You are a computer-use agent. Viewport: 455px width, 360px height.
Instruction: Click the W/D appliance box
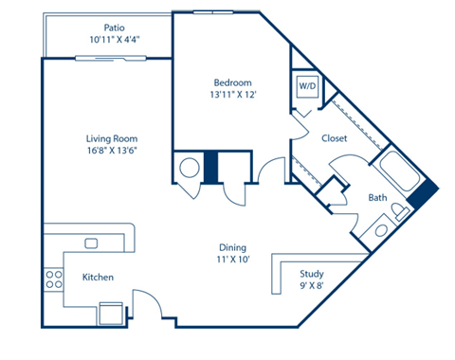[x=307, y=86]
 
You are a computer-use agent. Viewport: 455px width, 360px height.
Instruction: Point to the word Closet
[x=334, y=138]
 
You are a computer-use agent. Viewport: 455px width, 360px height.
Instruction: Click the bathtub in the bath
[x=398, y=174]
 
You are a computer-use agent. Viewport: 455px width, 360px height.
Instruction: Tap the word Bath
[x=377, y=198]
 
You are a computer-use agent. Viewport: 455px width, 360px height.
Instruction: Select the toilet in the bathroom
[x=381, y=227]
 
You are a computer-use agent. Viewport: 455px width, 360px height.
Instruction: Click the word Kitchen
[x=98, y=278]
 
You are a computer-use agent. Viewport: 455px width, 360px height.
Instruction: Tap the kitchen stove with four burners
[x=52, y=279]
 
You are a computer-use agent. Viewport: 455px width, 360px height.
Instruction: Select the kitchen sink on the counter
[x=91, y=243]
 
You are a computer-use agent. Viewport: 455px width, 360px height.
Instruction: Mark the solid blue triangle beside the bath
[x=425, y=194]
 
